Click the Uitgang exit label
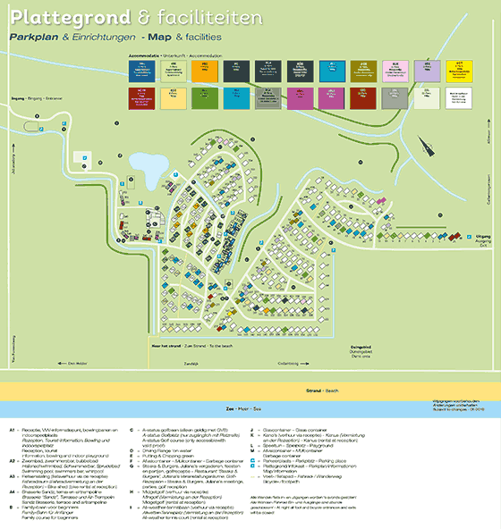point(480,233)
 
